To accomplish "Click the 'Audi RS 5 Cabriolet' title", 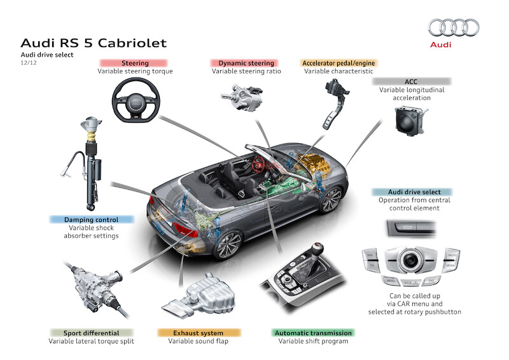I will tap(94, 43).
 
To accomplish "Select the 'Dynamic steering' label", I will tap(246, 63).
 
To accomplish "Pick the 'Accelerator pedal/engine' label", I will tap(338, 63).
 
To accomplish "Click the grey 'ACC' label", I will tap(411, 81).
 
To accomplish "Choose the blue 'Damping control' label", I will tap(91, 219).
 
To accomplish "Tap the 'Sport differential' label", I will tap(91, 332).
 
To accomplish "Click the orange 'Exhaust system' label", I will tap(199, 332).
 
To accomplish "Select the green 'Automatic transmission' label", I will tap(313, 332).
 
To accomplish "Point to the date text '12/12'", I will tap(28, 64).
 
